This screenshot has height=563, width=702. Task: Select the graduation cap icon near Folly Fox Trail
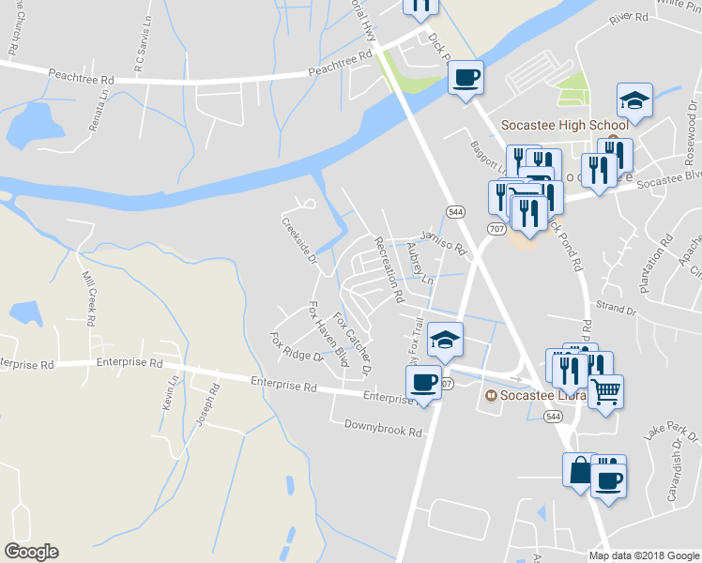click(446, 340)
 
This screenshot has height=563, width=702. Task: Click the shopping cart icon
click(605, 389)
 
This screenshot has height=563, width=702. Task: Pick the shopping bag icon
click(579, 469)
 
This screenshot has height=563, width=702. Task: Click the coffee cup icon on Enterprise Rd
click(423, 383)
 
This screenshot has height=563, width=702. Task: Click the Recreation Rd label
click(388, 268)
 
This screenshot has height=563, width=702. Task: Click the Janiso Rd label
click(443, 245)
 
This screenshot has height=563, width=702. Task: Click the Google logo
click(31, 552)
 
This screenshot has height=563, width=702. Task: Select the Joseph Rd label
click(206, 406)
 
